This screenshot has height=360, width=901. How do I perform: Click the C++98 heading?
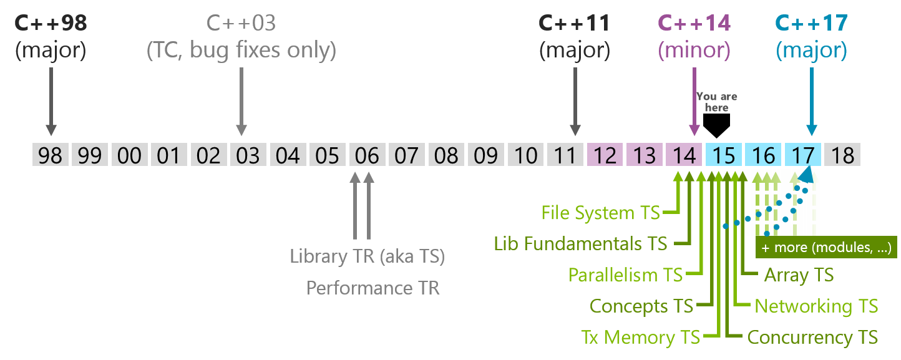pos(51,23)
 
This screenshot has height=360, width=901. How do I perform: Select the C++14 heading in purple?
pos(694,23)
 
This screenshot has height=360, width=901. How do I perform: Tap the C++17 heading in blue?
pos(811,23)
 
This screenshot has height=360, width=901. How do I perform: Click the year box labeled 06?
pos(368,155)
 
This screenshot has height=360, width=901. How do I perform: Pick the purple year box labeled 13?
pos(645,155)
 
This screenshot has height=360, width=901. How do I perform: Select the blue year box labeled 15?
pos(724,155)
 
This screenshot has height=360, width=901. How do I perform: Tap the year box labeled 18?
pos(842,155)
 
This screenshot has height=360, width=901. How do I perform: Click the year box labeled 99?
pos(90,155)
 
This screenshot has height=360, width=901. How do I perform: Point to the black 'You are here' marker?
pos(716,125)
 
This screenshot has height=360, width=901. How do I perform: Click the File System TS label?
pos(600,213)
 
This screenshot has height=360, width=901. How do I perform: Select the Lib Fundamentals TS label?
pos(580,244)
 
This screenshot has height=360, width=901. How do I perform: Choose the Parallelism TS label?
pos(625,275)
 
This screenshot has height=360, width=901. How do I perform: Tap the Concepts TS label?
pos(641,306)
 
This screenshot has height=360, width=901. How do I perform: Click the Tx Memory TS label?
pos(641,338)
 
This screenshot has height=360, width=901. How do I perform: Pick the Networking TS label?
pos(816,306)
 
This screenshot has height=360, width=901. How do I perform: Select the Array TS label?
pos(799,275)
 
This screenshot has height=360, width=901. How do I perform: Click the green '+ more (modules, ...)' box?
pos(826,247)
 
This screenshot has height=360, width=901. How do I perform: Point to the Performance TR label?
pos(373,288)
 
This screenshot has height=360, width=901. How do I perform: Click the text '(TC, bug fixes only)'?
pos(241,51)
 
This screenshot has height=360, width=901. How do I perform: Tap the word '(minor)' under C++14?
pos(694,51)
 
